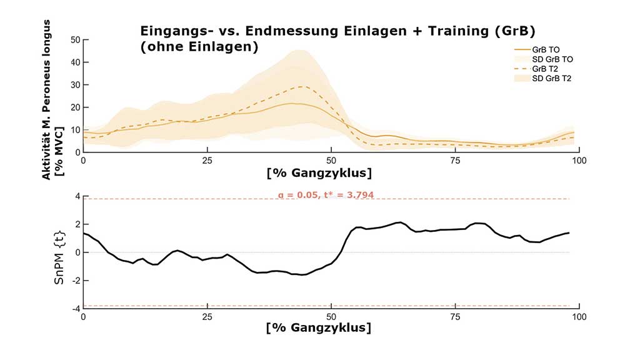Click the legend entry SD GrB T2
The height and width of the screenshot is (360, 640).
click(552, 78)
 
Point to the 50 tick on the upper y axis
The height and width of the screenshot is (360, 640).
click(76, 40)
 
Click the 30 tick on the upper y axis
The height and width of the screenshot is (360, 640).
click(76, 85)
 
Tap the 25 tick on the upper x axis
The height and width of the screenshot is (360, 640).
click(207, 161)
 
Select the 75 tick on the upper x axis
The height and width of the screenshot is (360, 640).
click(455, 161)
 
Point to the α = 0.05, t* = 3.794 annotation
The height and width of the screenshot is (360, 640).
click(326, 195)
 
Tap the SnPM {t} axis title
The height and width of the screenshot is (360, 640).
click(59, 252)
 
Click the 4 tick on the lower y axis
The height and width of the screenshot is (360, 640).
click(77, 196)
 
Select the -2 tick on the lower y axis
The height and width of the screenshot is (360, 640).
click(76, 281)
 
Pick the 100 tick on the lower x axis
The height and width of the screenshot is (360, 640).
click(579, 317)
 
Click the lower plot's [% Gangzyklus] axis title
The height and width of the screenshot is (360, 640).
click(319, 327)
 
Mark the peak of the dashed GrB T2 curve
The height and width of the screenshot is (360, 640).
click(302, 87)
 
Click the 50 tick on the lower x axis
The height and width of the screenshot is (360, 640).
click(331, 317)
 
